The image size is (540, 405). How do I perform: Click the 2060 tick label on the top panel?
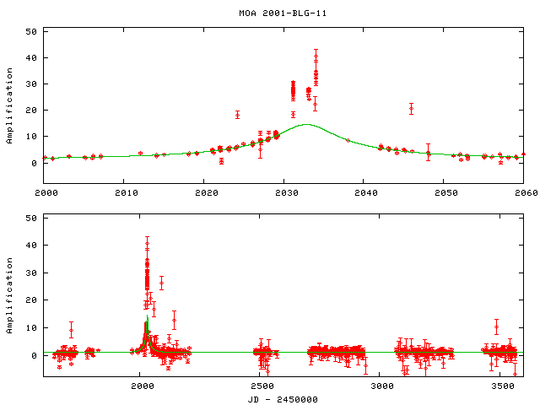click(523, 193)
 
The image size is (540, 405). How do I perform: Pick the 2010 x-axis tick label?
click(124, 193)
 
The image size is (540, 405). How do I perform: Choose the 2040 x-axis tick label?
click(364, 193)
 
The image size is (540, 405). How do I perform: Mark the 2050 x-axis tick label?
click(444, 193)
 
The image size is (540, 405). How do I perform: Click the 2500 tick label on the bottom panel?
click(262, 386)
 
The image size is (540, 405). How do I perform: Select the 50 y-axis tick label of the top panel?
click(31, 31)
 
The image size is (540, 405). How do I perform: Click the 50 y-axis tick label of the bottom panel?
click(31, 218)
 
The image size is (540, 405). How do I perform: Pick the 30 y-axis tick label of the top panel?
click(31, 84)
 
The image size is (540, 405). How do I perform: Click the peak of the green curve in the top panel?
click(306, 124)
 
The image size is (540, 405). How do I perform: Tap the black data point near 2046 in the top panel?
click(411, 108)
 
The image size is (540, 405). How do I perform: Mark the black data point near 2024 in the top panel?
click(237, 114)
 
